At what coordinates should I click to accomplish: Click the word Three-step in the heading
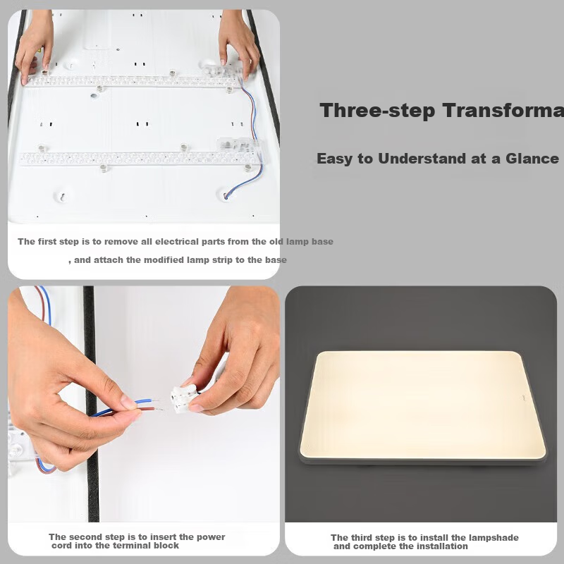[377, 111]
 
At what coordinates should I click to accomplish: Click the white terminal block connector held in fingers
[185, 398]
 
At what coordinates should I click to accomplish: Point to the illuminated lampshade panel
[422, 405]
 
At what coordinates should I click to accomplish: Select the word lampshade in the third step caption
[496, 537]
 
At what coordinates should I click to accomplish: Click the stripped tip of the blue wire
[155, 400]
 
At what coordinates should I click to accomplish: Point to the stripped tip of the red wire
[158, 409]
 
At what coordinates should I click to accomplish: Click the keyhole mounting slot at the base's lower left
[63, 197]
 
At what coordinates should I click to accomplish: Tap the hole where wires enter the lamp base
[226, 196]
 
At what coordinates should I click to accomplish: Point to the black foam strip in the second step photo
[92, 403]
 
